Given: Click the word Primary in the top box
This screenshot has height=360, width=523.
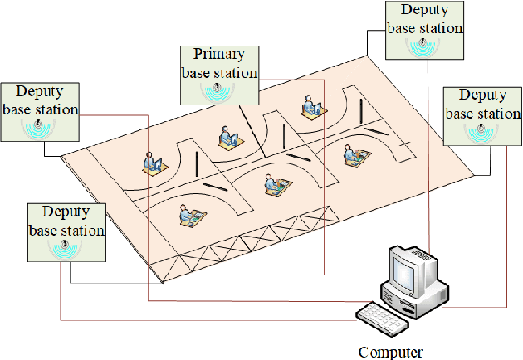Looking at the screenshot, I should (x=219, y=56).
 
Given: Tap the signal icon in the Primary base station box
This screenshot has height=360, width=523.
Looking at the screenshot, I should (x=219, y=90).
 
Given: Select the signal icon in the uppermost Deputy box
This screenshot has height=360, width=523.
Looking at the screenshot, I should (x=424, y=46).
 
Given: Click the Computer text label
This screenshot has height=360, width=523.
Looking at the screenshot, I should (x=390, y=352).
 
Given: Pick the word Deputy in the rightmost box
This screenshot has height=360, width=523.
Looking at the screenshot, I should (x=481, y=95).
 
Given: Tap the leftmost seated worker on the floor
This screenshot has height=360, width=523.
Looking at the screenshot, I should (x=151, y=163).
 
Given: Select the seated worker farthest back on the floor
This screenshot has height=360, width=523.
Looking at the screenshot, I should (x=309, y=105).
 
